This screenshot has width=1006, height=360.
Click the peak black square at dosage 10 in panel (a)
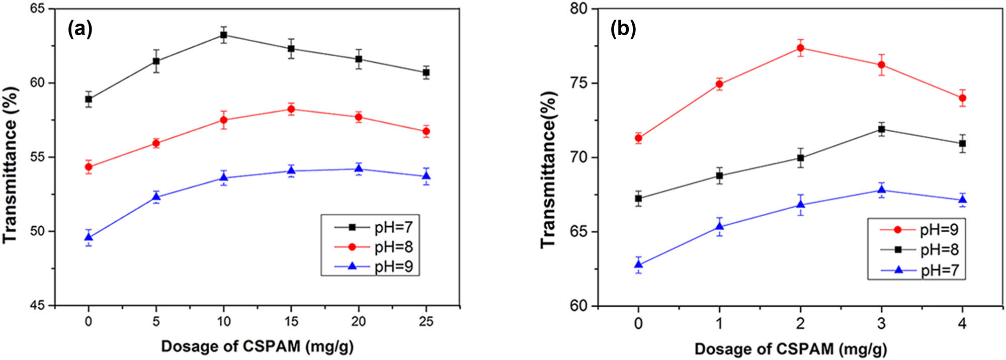click(223, 35)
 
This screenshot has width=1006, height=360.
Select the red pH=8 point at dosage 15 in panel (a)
click(291, 109)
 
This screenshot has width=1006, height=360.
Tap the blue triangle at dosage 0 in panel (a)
click(89, 237)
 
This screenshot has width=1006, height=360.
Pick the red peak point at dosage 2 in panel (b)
click(800, 48)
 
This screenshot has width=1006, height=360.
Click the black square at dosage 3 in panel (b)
click(881, 129)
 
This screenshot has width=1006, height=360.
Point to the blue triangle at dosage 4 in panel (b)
click(962, 200)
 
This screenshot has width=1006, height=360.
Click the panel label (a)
click(80, 29)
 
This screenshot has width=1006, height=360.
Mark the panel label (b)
click(623, 29)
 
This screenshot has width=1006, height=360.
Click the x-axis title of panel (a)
click(257, 346)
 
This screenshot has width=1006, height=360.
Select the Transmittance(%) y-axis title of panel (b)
click(549, 169)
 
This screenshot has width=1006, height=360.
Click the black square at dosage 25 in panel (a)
click(426, 72)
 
